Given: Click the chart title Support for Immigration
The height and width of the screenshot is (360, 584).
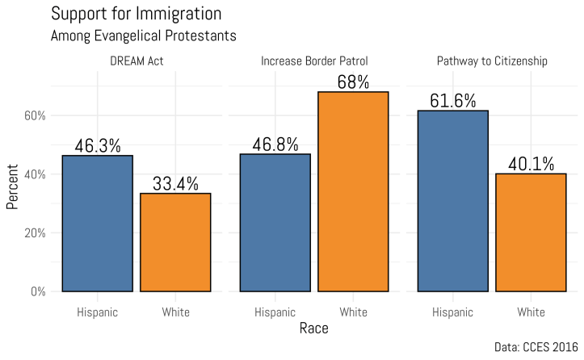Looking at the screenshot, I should pyautogui.click(x=136, y=15).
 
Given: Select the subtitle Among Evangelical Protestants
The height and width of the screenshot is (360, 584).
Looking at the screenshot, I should pyautogui.click(x=143, y=36).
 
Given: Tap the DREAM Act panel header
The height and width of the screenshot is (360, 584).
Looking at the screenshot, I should pyautogui.click(x=137, y=61).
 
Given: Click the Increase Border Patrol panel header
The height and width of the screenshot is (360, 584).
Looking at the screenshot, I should pyautogui.click(x=314, y=61).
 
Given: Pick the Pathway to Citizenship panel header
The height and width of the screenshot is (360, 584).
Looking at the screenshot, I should pyautogui.click(x=492, y=61).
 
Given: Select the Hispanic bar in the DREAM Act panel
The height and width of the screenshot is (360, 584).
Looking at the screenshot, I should pyautogui.click(x=98, y=224).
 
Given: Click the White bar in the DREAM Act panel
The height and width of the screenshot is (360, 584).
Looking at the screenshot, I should pyautogui.click(x=175, y=242).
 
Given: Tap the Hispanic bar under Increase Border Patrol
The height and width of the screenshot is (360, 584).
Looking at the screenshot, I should pyautogui.click(x=275, y=223).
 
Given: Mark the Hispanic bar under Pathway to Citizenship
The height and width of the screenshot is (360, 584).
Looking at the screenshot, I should pyautogui.click(x=453, y=201).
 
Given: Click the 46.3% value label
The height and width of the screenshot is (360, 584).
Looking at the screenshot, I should pyautogui.click(x=98, y=146).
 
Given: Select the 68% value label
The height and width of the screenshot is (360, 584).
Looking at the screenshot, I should pyautogui.click(x=353, y=82).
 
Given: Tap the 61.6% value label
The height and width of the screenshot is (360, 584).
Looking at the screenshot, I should pyautogui.click(x=453, y=101).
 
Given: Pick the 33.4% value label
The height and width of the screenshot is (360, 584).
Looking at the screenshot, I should pyautogui.click(x=175, y=184).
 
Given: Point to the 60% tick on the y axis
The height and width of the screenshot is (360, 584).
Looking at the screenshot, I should pyautogui.click(x=35, y=115).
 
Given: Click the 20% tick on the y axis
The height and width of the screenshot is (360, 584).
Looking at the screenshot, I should pyautogui.click(x=35, y=232).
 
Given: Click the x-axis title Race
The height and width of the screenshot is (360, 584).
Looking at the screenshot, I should pyautogui.click(x=314, y=329).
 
